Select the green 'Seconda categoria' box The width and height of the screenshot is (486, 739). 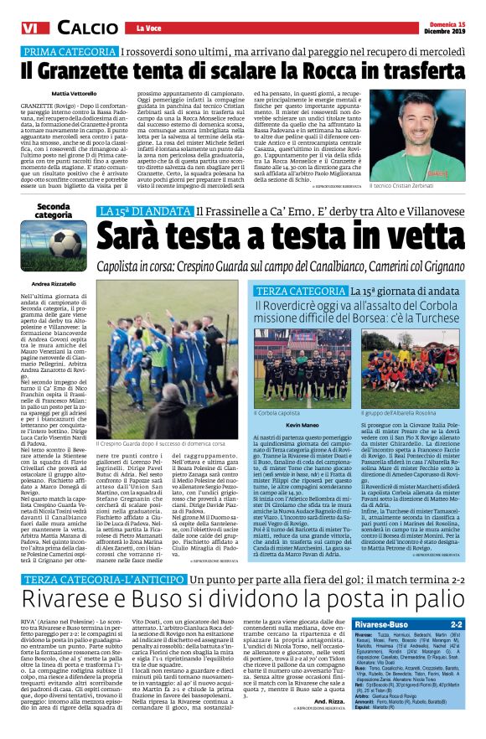53,210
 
